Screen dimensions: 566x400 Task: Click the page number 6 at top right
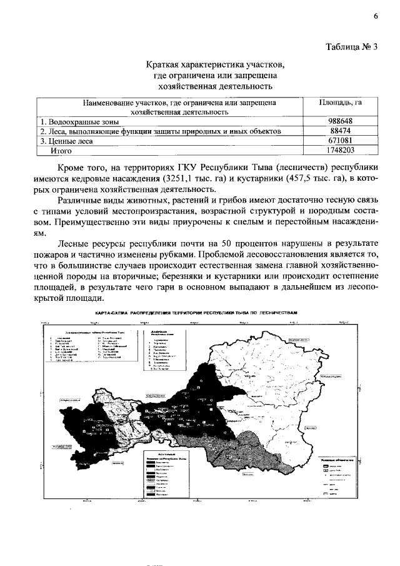coord(376,17)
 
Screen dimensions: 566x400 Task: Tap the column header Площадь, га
coord(341,102)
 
